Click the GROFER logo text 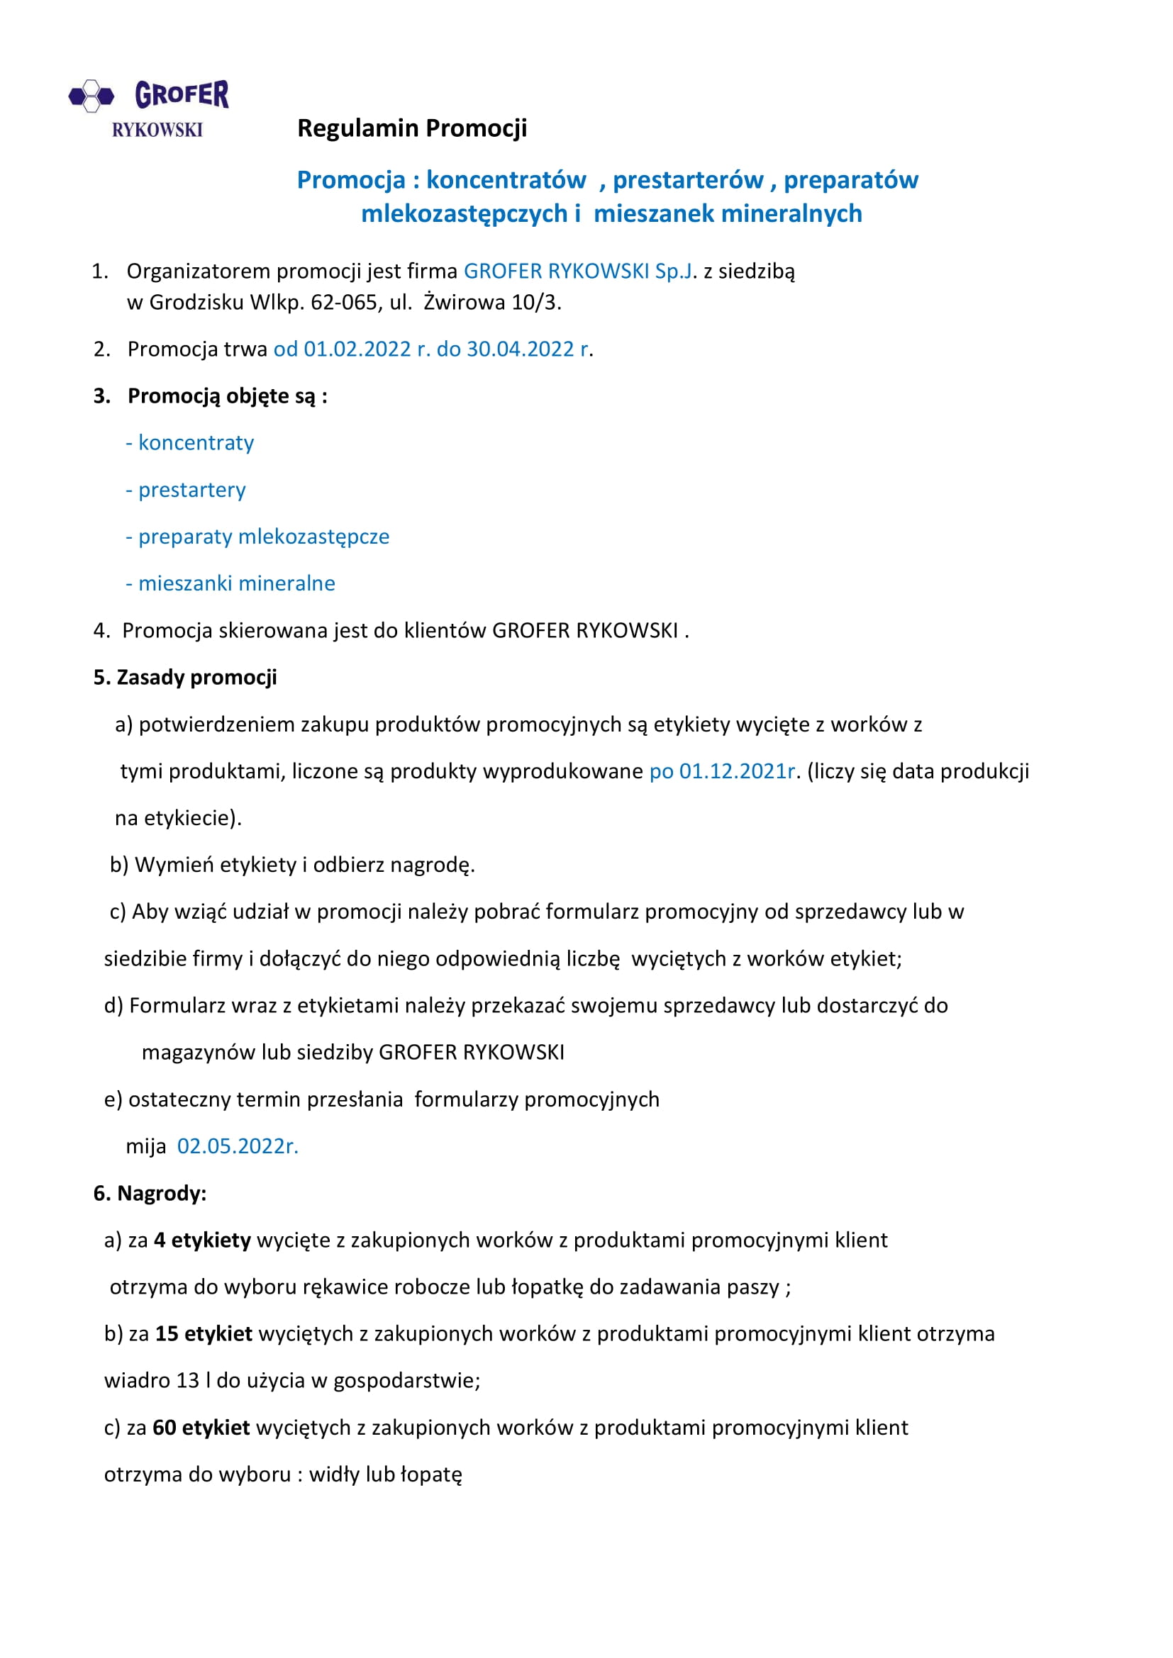click(182, 94)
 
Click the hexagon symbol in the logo click(91, 95)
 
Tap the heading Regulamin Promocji click(412, 128)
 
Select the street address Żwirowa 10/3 click(492, 302)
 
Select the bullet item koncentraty click(196, 442)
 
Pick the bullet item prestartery click(191, 490)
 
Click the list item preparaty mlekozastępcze click(264, 537)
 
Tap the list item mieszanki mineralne click(236, 583)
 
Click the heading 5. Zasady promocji click(185, 678)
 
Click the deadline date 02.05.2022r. click(237, 1146)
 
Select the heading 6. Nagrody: click(150, 1193)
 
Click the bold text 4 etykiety click(202, 1240)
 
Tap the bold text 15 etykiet click(204, 1333)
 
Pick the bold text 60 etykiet click(201, 1427)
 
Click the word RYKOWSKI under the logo click(157, 130)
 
